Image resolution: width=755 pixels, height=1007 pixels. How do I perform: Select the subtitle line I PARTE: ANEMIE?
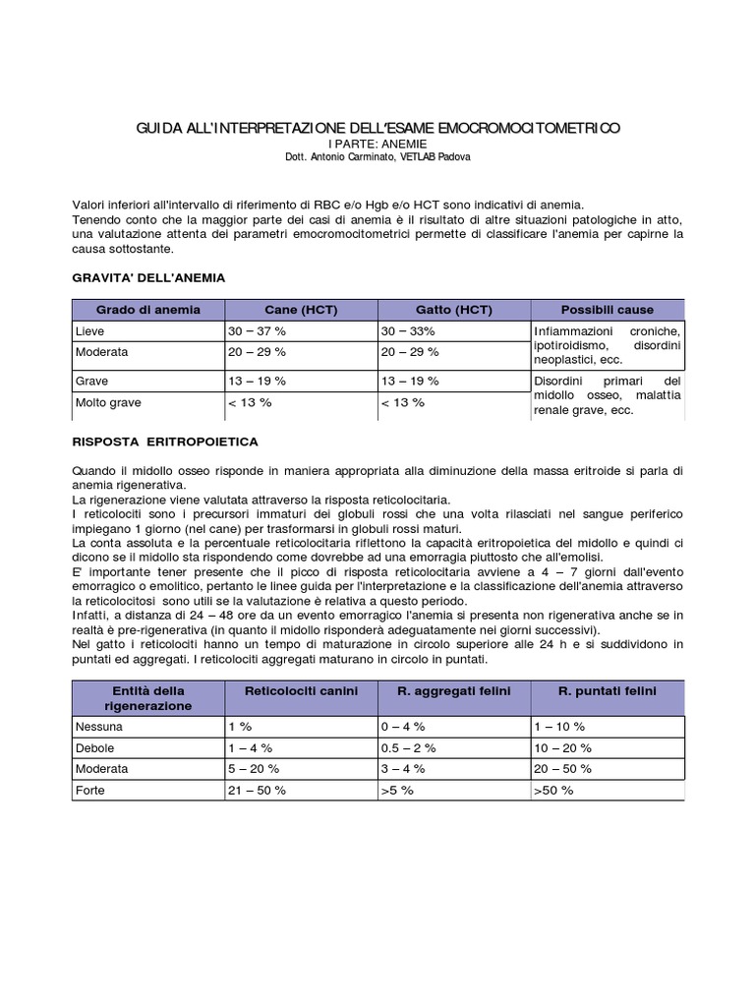pyautogui.click(x=377, y=144)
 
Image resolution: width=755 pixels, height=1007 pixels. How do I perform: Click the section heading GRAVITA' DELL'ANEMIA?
pyautogui.click(x=148, y=278)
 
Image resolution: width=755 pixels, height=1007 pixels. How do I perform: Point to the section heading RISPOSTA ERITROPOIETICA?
pyautogui.click(x=165, y=442)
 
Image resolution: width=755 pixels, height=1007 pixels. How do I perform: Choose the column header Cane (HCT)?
pyautogui.click(x=301, y=310)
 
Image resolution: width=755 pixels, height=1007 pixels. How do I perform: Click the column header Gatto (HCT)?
pyautogui.click(x=453, y=310)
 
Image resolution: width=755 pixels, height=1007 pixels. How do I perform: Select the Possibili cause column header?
pyautogui.click(x=607, y=310)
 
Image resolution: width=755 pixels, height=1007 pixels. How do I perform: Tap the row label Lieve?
pyautogui.click(x=89, y=332)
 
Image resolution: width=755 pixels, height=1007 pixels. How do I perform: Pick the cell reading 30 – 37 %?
pyautogui.click(x=257, y=332)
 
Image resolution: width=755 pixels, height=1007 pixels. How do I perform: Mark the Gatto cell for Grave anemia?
pyautogui.click(x=410, y=381)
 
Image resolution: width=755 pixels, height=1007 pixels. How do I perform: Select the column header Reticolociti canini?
pyautogui.click(x=301, y=691)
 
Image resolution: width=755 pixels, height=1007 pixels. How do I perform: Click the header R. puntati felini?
pyautogui.click(x=607, y=691)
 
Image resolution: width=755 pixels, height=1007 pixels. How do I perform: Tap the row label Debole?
pyautogui.click(x=95, y=747)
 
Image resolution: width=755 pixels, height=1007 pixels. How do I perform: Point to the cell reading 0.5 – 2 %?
pyautogui.click(x=409, y=747)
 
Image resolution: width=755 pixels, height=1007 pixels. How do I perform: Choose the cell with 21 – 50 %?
pyautogui.click(x=257, y=789)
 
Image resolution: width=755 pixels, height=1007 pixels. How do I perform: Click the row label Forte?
pyautogui.click(x=90, y=789)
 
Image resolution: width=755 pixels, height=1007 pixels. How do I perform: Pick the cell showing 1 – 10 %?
pyautogui.click(x=559, y=727)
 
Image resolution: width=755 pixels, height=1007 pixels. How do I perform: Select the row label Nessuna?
pyautogui.click(x=99, y=727)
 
